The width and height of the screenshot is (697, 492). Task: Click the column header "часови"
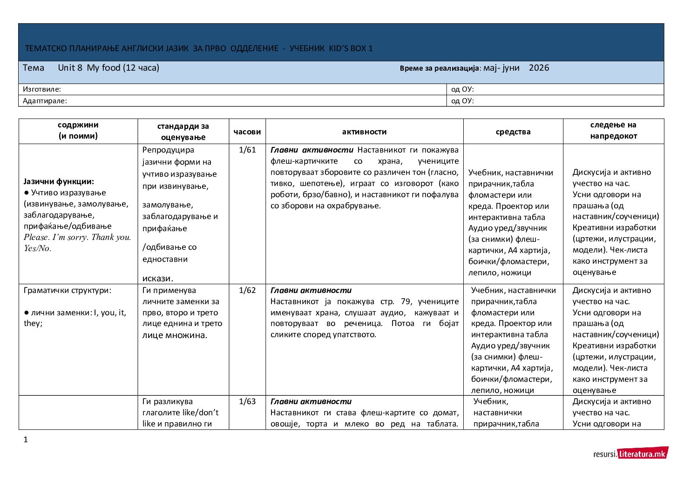(247, 132)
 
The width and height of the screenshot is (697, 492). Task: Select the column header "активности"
(364, 132)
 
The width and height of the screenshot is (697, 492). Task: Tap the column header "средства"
(513, 132)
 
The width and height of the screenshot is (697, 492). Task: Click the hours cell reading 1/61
(247, 150)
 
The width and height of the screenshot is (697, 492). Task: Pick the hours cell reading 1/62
(247, 290)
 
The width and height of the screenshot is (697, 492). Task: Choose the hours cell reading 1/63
(247, 401)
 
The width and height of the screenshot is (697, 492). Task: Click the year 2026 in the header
(539, 68)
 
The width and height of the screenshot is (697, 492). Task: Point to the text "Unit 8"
(70, 68)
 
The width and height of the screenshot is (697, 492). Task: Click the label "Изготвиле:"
(42, 89)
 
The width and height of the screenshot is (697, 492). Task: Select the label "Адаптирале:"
(45, 100)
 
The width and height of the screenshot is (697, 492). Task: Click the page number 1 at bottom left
(26, 439)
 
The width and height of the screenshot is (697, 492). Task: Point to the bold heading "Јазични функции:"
(59, 181)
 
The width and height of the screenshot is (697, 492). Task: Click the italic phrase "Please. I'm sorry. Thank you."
(77, 237)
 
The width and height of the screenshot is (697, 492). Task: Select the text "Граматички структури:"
(68, 290)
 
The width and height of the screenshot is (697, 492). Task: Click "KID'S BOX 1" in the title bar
(351, 48)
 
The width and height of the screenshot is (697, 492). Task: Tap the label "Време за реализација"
(439, 68)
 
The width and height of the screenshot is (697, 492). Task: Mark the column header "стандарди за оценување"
(183, 132)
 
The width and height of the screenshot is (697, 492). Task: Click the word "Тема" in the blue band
(34, 68)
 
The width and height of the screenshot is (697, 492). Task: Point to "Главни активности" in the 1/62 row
(311, 290)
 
